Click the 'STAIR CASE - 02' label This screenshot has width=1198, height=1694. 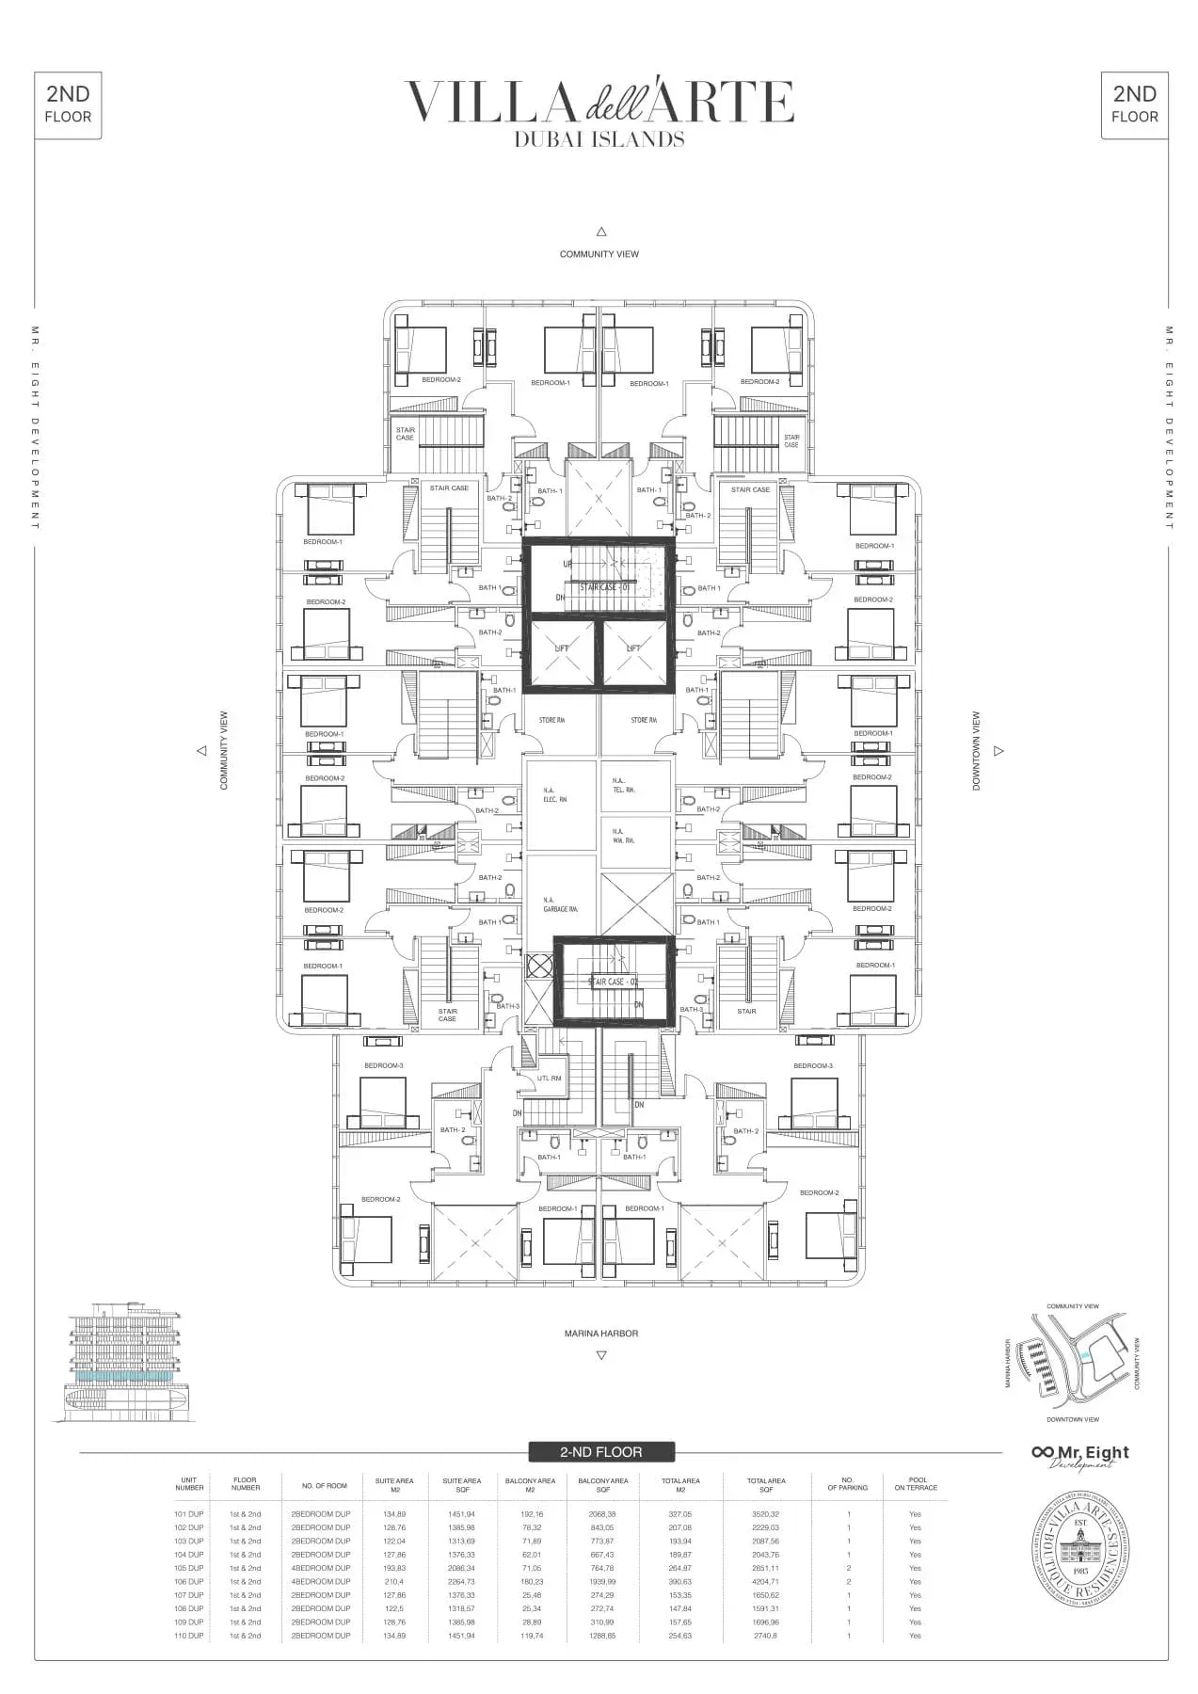coord(614,982)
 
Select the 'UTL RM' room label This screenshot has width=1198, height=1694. coord(549,1079)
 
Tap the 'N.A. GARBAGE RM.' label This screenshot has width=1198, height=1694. coord(560,904)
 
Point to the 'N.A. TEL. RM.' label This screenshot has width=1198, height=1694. coord(623,786)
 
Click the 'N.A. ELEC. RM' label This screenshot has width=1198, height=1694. coord(555,795)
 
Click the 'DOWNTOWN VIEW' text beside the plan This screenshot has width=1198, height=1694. coord(976,750)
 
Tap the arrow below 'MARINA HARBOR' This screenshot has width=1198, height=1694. coord(600,1355)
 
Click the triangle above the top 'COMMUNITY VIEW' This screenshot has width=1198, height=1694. coord(600,232)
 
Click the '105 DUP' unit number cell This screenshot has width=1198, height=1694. coord(188,1568)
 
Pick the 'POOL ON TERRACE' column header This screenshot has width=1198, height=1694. coord(915,1483)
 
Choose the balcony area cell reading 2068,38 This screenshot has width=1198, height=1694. coord(602,1514)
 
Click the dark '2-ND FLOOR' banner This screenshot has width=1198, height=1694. coord(600,1452)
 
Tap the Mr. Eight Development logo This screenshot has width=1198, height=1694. coord(1079,1456)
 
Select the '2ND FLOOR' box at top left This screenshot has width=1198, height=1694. coord(68,104)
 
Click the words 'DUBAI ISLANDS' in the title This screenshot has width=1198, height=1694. coord(599,139)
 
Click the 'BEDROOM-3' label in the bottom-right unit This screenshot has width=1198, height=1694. coord(812,1066)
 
